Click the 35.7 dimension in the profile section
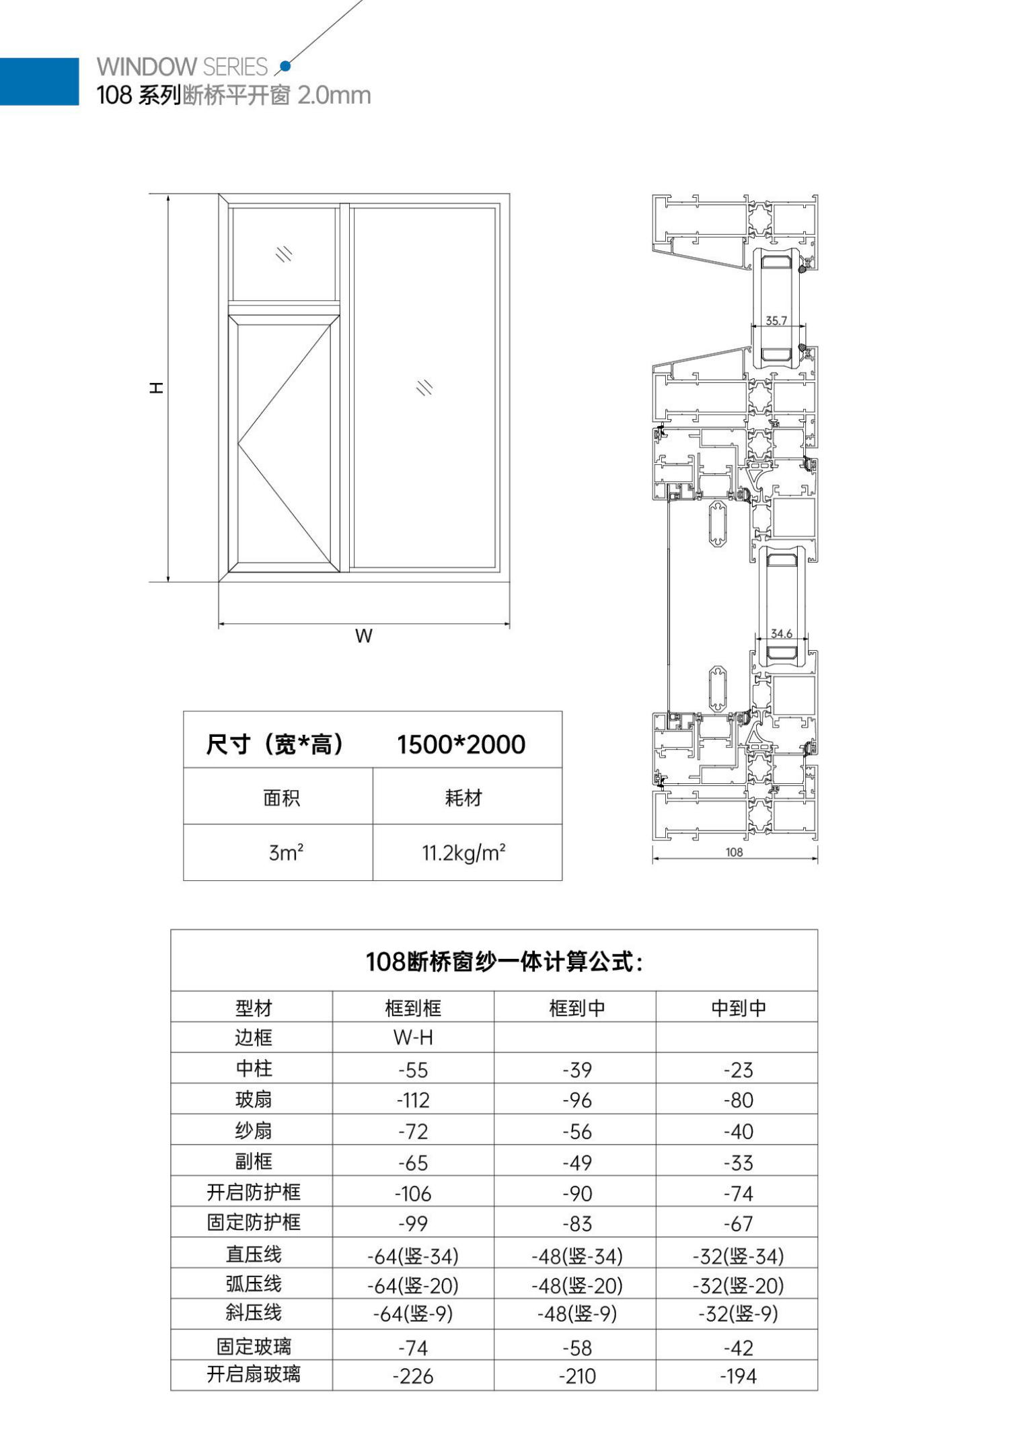coord(776,321)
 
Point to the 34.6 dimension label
coord(781,633)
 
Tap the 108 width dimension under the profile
coord(734,852)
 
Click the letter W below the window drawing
coord(364,636)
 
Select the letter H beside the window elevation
coord(157,388)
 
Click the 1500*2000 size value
coord(461,744)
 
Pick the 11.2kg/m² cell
coord(463,853)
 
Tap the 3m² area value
coord(286,853)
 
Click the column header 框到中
coord(577,1007)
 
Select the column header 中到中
coord(739,1007)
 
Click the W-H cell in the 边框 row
coord(413,1038)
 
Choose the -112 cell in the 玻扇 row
coord(413,1100)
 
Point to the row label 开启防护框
coord(254,1192)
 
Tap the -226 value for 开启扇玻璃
coord(413,1376)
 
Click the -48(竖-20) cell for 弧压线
coord(577,1286)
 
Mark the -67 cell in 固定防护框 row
coord(739,1223)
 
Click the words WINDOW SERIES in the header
coord(182,67)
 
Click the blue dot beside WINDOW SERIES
coord(285,66)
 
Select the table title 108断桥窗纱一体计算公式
coord(503,962)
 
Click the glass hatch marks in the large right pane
coord(424,388)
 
